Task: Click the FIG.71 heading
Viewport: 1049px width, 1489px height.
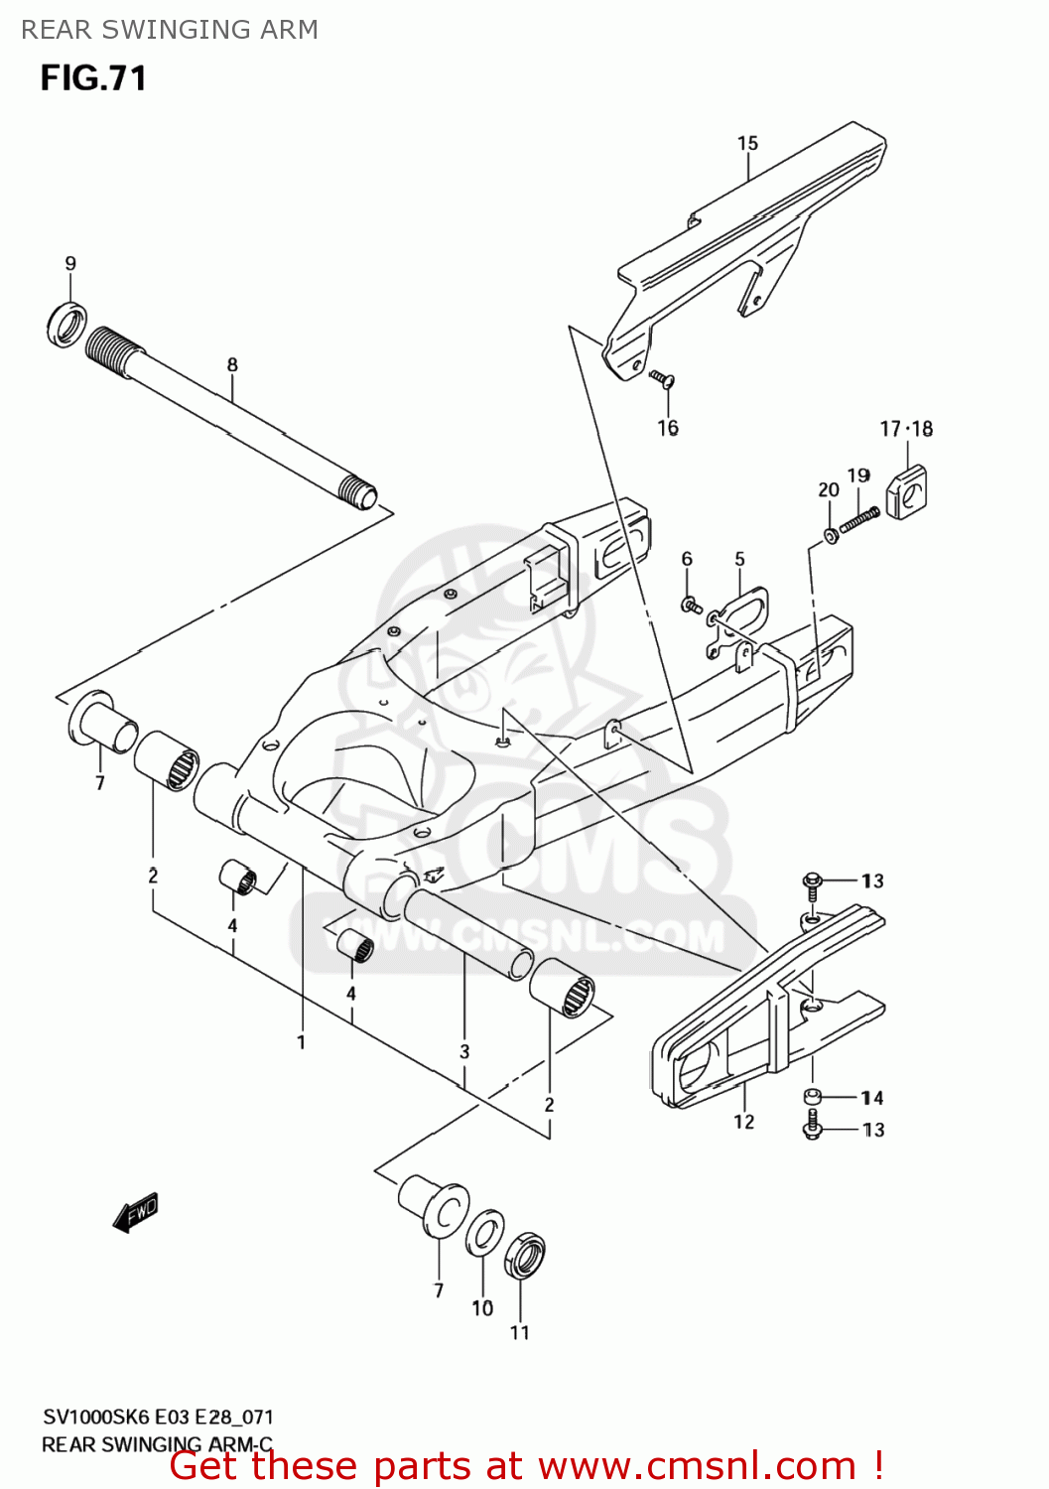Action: pyautogui.click(x=93, y=78)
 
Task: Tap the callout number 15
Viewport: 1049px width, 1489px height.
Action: pyautogui.click(x=747, y=144)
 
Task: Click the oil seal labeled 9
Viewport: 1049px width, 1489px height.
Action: pyautogui.click(x=66, y=322)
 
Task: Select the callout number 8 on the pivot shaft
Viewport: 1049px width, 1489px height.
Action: pyautogui.click(x=232, y=364)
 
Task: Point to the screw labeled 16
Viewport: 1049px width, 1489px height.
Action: pyautogui.click(x=662, y=378)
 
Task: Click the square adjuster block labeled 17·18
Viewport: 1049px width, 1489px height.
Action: pyautogui.click(x=906, y=490)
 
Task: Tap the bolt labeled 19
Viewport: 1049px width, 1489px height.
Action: pyautogui.click(x=859, y=519)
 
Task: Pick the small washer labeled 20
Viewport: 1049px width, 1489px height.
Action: pyautogui.click(x=829, y=536)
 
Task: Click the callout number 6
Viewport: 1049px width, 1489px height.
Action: pyautogui.click(x=687, y=559)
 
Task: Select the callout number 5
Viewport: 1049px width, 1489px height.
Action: pyautogui.click(x=739, y=559)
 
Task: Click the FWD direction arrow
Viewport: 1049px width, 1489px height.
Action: pyautogui.click(x=136, y=1212)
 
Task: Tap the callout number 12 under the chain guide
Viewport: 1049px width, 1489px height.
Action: pyautogui.click(x=744, y=1122)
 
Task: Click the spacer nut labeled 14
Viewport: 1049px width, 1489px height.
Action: pyautogui.click(x=812, y=1097)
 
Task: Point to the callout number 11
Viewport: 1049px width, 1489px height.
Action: pyautogui.click(x=520, y=1332)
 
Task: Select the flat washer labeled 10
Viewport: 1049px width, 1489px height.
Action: pyautogui.click(x=485, y=1234)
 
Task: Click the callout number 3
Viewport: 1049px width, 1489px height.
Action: pyautogui.click(x=464, y=1051)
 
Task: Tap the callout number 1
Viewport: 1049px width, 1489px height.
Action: pyautogui.click(x=301, y=1042)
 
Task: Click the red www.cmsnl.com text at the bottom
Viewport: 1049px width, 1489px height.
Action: pyautogui.click(x=697, y=1466)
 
